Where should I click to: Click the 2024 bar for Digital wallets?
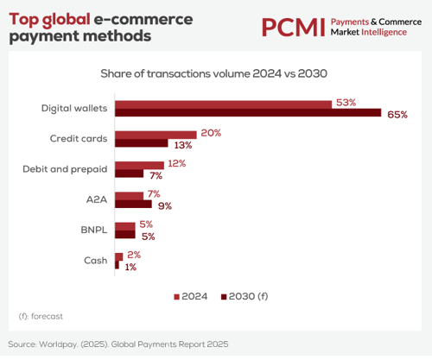coord(223,104)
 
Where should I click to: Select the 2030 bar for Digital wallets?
coord(248,112)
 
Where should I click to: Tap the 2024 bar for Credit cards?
coord(156,135)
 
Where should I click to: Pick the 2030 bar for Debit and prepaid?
coord(129,174)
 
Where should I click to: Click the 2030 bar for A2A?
coord(133,204)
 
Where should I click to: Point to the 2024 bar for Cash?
coord(119,257)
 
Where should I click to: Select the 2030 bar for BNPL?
coord(125,235)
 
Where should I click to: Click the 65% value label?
coord(397,115)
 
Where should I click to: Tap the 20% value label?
coord(211,133)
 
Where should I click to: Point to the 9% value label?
coord(165,206)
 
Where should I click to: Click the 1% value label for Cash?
coord(130,268)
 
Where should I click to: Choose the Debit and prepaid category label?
coord(65,169)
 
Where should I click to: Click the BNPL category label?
coord(94,230)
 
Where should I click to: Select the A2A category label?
coord(97,199)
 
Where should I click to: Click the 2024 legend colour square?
coord(176,297)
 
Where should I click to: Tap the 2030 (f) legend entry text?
coord(248,296)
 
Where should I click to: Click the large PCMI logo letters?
coord(294,28)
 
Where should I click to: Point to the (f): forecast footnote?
coord(41,316)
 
